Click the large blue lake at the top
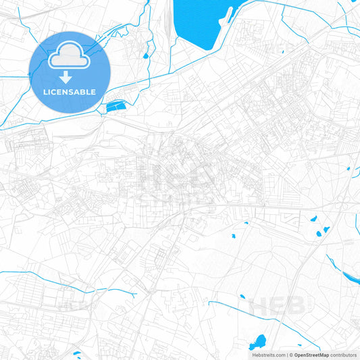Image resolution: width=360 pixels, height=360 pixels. coord(199,24)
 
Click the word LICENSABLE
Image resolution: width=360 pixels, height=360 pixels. coord(70,91)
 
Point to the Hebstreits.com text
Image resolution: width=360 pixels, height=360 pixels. coord(267,355)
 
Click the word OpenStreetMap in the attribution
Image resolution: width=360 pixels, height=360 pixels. coord(311,355)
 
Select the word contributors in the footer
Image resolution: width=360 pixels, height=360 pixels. coord(343,355)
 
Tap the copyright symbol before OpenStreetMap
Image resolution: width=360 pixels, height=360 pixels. coord(290,355)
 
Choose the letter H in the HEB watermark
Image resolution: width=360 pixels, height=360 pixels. coord(260,305)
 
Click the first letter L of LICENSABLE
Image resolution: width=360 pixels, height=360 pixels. coord(45,91)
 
